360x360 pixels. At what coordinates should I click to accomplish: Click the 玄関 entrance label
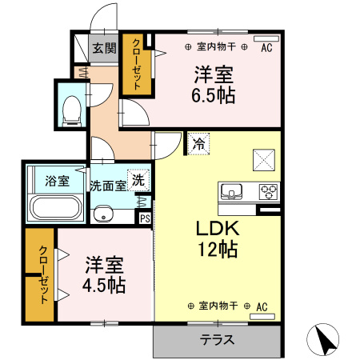103,48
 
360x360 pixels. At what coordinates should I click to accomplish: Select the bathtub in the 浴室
55,209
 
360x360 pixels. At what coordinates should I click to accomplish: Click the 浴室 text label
56,181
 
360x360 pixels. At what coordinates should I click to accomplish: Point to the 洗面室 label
108,185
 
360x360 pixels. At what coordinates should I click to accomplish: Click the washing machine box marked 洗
138,180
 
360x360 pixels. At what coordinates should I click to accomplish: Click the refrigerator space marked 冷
198,145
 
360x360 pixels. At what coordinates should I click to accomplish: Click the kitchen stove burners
268,192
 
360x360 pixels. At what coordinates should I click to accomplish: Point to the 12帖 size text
219,249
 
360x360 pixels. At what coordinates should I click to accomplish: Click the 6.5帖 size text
214,96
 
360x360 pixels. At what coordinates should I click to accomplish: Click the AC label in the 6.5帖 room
266,47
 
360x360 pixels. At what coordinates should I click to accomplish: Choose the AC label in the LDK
262,306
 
